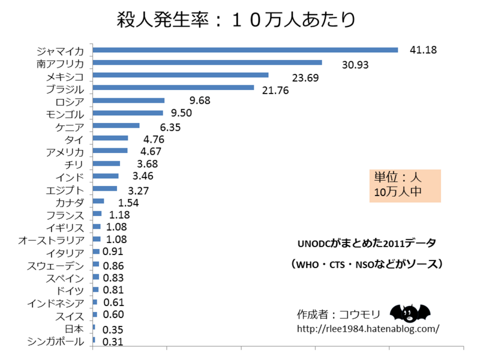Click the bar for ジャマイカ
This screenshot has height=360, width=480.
(x=245, y=50)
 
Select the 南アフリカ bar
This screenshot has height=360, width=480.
(x=208, y=62)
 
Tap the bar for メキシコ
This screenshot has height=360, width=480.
(x=181, y=75)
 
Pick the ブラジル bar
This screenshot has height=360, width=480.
(x=173, y=88)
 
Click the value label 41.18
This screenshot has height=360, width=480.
(x=422, y=49)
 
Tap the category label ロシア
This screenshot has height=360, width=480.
(x=70, y=101)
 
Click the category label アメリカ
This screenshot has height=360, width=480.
(x=65, y=152)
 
